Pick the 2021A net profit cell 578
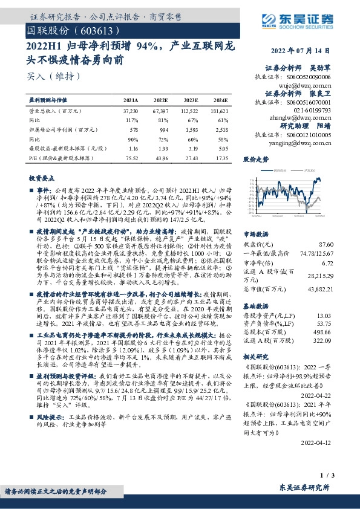pyautogui.click(x=134, y=129)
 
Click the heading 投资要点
pyautogui.click(x=42, y=180)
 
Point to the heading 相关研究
pyautogui.click(x=255, y=357)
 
